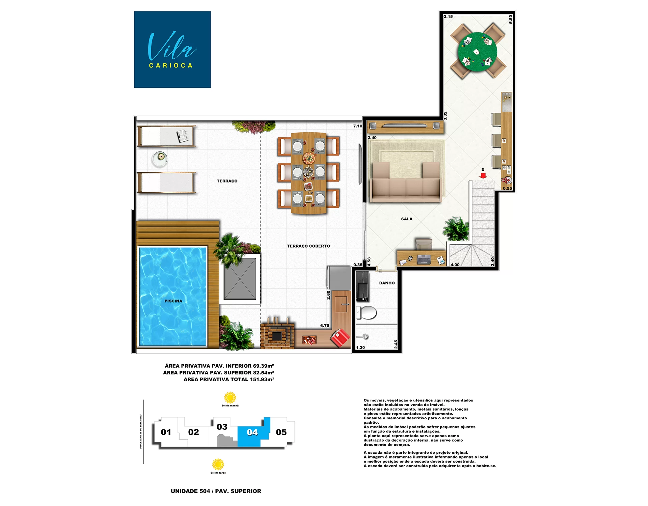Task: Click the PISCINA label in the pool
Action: pyautogui.click(x=173, y=301)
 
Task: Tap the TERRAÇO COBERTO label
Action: pyautogui.click(x=308, y=246)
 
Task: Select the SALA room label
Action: pyautogui.click(x=406, y=219)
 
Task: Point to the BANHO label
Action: pyautogui.click(x=387, y=283)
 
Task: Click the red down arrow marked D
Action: pyautogui.click(x=483, y=176)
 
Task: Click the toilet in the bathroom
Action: pyautogui.click(x=367, y=312)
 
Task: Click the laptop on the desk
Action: pyautogui.click(x=424, y=259)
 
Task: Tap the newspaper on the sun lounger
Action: pyautogui.click(x=183, y=136)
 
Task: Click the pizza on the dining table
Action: pyautogui.click(x=308, y=158)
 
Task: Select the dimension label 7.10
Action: pyautogui.click(x=357, y=126)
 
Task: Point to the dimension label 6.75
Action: pyautogui.click(x=324, y=326)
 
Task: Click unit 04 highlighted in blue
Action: pyautogui.click(x=252, y=432)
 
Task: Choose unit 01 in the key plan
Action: pyautogui.click(x=166, y=432)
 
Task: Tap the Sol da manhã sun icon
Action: pyautogui.click(x=230, y=398)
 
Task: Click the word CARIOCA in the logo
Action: pyautogui.click(x=171, y=65)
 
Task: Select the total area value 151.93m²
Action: pyautogui.click(x=262, y=379)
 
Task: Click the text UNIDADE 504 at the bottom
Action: pyautogui.click(x=190, y=491)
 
